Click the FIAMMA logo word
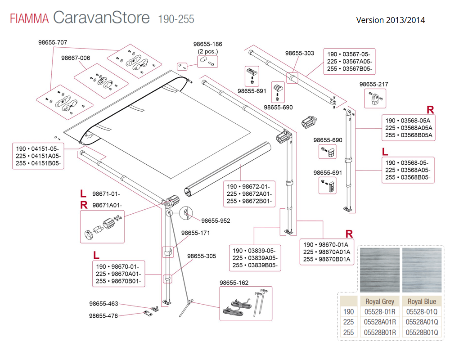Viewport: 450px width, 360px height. pos(29,19)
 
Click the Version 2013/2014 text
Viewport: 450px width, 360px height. pos(390,20)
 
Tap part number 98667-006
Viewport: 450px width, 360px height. pos(76,58)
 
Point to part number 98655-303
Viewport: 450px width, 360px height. pos(300,53)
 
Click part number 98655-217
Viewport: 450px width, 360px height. pos(373,84)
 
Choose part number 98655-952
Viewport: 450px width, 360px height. pos(216,220)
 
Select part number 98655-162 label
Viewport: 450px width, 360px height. pos(234,283)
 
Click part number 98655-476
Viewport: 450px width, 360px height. pos(103,316)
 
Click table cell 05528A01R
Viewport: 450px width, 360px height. pos(380,322)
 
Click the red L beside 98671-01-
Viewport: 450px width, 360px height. pos(83,194)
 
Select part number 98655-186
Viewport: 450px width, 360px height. pos(208,44)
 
